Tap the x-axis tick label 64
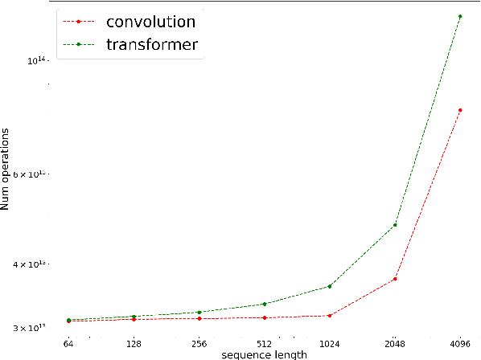click(x=68, y=344)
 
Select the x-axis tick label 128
click(x=134, y=344)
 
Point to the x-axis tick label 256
click(x=199, y=344)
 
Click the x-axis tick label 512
click(x=264, y=344)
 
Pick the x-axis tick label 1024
click(x=329, y=344)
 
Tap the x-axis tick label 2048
click(x=394, y=344)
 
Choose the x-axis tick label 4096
click(x=459, y=344)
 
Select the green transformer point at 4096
click(x=459, y=16)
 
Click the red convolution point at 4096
click(x=459, y=110)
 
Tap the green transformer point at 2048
click(x=394, y=225)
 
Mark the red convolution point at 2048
click(x=394, y=279)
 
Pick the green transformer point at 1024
click(x=329, y=286)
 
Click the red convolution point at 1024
click(x=329, y=315)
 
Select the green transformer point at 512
click(x=264, y=304)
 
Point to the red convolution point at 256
click(x=199, y=318)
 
